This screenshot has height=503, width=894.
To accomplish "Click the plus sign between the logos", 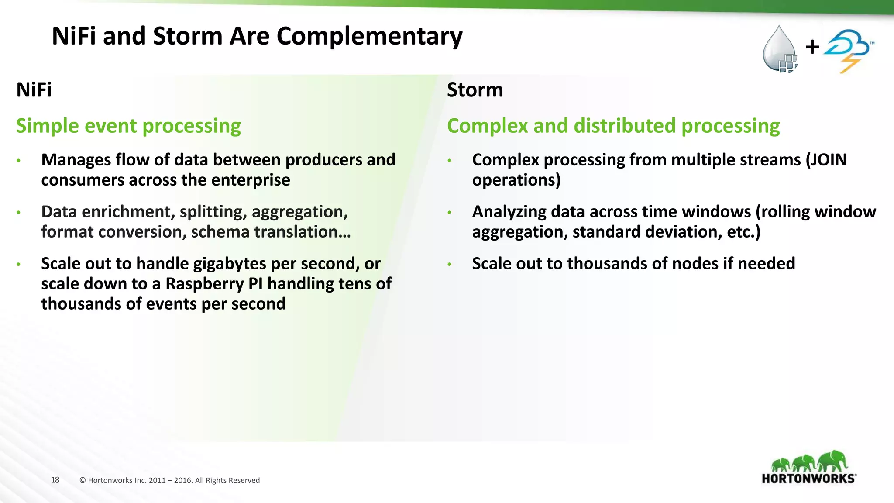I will click(812, 47).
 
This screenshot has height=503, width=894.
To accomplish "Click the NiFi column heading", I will click(34, 90).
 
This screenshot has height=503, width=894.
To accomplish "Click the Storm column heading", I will click(475, 90).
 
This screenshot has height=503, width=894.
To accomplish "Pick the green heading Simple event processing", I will click(128, 126).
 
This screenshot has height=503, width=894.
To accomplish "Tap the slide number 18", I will click(55, 480).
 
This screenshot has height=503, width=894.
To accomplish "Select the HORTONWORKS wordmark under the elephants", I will click(808, 479).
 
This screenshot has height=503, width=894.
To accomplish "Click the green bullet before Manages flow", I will click(18, 161).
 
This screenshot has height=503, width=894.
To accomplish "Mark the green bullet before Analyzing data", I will click(449, 213).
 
